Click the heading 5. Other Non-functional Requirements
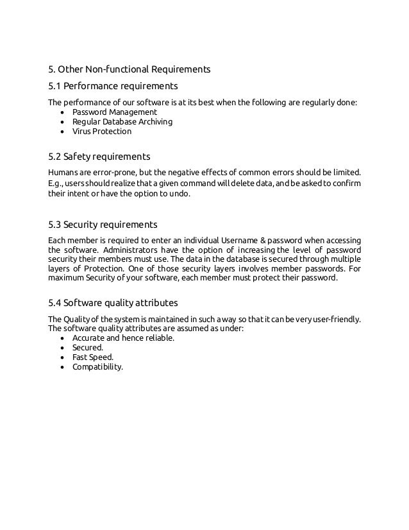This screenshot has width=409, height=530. pyautogui.click(x=129, y=69)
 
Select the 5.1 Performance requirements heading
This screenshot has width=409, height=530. pyautogui.click(x=113, y=85)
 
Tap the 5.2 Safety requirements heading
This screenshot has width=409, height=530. pyautogui.click(x=99, y=157)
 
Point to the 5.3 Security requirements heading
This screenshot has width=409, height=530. pyautogui.click(x=103, y=225)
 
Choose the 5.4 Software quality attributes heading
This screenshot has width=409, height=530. pyautogui.click(x=113, y=302)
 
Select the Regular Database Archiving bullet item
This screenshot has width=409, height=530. pyautogui.click(x=122, y=121)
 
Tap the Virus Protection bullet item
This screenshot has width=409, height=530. pyautogui.click(x=101, y=132)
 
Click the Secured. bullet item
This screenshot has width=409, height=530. pyautogui.click(x=88, y=348)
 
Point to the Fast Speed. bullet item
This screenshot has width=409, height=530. pyautogui.click(x=92, y=358)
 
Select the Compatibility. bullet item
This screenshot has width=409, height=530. pyautogui.click(x=97, y=368)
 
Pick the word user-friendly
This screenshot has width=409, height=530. pyautogui.click(x=338, y=319)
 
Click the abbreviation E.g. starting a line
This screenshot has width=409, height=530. pyautogui.click(x=56, y=182)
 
